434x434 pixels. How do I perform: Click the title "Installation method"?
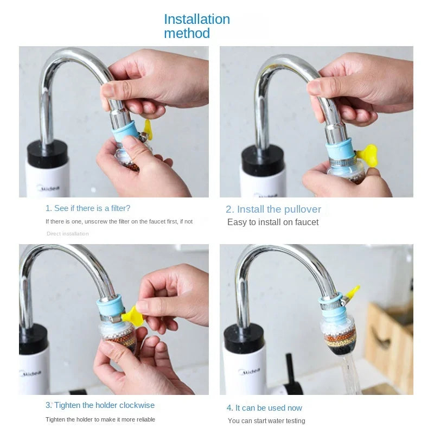coord(196,26)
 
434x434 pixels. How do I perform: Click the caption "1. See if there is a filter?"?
coord(88,208)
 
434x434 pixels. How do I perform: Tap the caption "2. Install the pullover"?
coord(273,209)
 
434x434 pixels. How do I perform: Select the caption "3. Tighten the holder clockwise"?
coord(100,405)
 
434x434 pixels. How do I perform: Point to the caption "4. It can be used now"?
coord(264,408)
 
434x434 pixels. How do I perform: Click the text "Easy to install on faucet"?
coord(273,222)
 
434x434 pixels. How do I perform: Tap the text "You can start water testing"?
coord(266,421)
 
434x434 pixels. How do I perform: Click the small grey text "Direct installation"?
coord(67,234)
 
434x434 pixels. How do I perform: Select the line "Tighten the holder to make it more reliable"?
coord(100,419)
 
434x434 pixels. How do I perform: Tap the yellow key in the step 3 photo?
coord(133,316)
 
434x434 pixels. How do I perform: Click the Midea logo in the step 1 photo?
coord(48,188)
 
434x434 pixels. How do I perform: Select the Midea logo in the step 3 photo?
coord(30,373)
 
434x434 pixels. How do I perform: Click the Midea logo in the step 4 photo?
coord(250,373)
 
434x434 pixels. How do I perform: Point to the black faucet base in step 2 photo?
coord(263,161)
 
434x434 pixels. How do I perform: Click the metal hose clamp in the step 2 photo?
coord(341,159)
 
